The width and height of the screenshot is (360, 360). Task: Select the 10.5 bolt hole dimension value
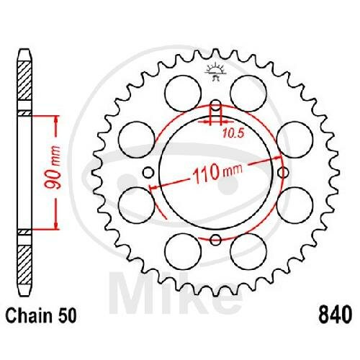click(x=233, y=133)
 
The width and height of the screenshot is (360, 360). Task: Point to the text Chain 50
click(x=41, y=315)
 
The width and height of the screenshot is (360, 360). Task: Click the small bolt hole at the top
click(x=216, y=105)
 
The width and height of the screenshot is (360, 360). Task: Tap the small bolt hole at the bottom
click(x=215, y=240)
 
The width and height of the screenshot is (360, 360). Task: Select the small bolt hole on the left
click(x=148, y=172)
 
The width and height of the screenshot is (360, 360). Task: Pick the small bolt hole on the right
click(x=283, y=172)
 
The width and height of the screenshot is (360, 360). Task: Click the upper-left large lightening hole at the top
click(x=183, y=94)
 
